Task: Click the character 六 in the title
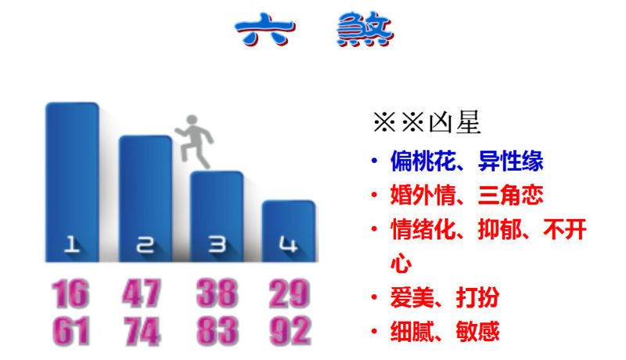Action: [265, 29]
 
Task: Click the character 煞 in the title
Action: [365, 29]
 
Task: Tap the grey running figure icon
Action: [194, 142]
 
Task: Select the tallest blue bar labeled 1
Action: [72, 182]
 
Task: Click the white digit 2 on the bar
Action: [145, 245]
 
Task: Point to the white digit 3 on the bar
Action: [218, 244]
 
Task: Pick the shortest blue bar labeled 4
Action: [289, 231]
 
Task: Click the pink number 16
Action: [70, 293]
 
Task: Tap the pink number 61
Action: [71, 331]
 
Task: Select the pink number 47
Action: [142, 293]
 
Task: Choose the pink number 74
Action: [142, 331]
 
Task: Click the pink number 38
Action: [218, 293]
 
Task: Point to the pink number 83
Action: [218, 331]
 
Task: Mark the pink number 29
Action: [290, 293]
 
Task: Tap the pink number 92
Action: [290, 331]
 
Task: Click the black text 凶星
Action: [455, 122]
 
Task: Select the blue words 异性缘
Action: [511, 161]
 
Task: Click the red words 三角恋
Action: [511, 195]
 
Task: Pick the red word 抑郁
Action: [500, 229]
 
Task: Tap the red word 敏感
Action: [477, 331]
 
